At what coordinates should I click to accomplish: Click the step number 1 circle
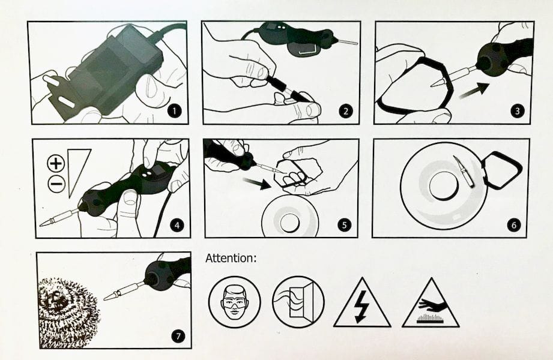(174, 112)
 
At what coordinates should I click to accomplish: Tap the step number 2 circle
(346, 112)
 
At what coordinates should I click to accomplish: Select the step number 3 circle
(518, 112)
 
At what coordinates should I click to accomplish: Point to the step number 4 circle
(177, 225)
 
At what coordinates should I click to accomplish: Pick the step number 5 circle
(344, 225)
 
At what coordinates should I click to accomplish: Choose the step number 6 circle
(513, 225)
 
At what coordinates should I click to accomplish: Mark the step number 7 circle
(178, 335)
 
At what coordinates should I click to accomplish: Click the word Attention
(231, 258)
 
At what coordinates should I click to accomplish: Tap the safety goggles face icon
(235, 302)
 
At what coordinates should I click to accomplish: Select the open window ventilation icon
(298, 302)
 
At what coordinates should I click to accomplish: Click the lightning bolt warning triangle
(362, 303)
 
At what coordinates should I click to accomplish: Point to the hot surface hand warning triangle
(431, 303)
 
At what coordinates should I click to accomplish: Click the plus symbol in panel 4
(56, 163)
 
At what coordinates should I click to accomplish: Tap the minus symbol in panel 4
(56, 184)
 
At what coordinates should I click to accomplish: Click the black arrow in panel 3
(474, 91)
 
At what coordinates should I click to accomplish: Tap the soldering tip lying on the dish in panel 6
(464, 171)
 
